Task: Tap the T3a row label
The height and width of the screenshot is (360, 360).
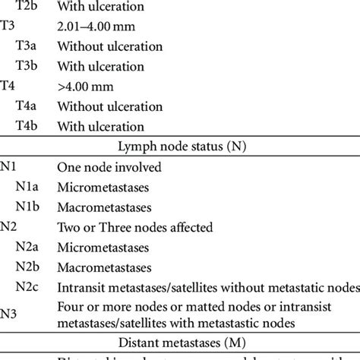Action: click(x=28, y=47)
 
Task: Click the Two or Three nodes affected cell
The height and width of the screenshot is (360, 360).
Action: click(x=134, y=226)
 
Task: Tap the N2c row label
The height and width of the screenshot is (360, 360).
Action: click(x=30, y=286)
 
